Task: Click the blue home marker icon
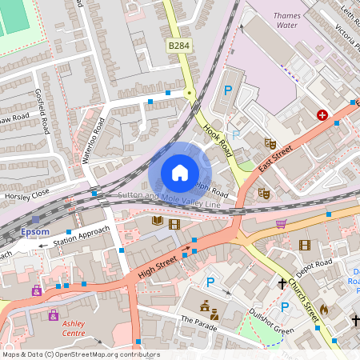pos(180,173)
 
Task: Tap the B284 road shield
pos(180,48)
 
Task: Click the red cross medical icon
pos(322,115)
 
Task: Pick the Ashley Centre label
pos(74,329)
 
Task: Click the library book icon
pos(158,221)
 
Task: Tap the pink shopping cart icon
pos(281,223)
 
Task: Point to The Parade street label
pos(198,321)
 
